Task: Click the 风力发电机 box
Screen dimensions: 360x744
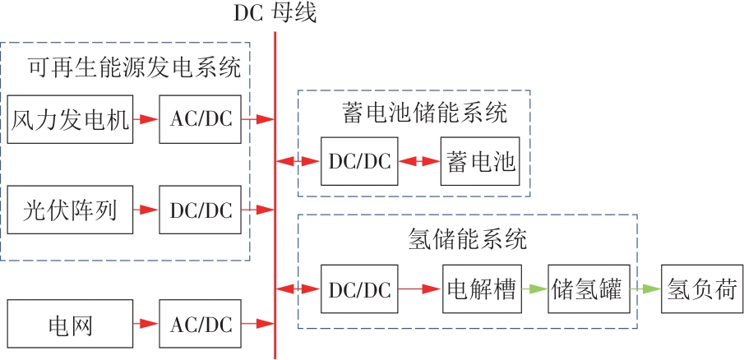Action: (70, 120)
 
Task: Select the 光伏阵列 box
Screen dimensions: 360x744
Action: (70, 211)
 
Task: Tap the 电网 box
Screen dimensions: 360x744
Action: (70, 325)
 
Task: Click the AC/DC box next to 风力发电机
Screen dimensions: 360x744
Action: (201, 120)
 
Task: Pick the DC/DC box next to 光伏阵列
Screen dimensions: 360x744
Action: (201, 211)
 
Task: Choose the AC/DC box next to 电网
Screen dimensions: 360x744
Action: (201, 325)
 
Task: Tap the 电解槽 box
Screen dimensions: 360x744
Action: (482, 289)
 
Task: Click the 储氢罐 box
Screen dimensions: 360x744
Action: (589, 289)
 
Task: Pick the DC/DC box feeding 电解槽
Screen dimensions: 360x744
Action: (359, 289)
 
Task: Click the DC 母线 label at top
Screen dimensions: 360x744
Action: (275, 13)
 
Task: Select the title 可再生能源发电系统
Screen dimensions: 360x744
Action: (134, 68)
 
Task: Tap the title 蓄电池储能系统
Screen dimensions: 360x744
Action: (424, 112)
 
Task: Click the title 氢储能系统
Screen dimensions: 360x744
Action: (466, 239)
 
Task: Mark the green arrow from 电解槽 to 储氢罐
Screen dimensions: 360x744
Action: (535, 289)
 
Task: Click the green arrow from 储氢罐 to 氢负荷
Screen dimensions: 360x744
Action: (645, 289)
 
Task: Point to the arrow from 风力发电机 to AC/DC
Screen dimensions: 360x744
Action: (146, 120)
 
